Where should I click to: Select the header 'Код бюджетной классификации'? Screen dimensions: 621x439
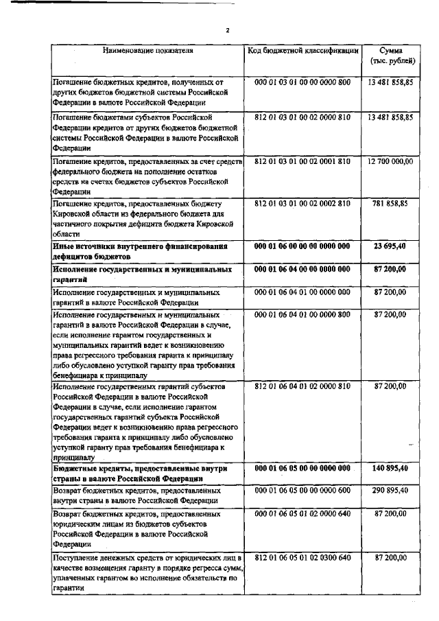pos(302,51)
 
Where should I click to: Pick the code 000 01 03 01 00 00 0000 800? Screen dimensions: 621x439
pos(302,82)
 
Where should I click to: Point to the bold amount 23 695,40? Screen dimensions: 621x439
pos(395,246)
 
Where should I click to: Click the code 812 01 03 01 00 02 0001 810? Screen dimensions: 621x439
pos(302,161)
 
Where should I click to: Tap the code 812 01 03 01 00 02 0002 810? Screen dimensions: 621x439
pos(302,204)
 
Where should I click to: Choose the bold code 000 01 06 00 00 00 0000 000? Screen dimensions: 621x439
pos(302,246)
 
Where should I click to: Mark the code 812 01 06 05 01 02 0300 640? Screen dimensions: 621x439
pos(302,559)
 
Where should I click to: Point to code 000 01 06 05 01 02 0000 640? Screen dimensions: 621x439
pos(302,513)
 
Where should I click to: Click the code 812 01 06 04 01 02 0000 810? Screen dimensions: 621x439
pos(302,387)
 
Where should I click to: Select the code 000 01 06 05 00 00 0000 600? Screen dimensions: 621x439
pos(302,491)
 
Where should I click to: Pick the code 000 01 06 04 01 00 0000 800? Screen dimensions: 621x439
pos(302,314)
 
